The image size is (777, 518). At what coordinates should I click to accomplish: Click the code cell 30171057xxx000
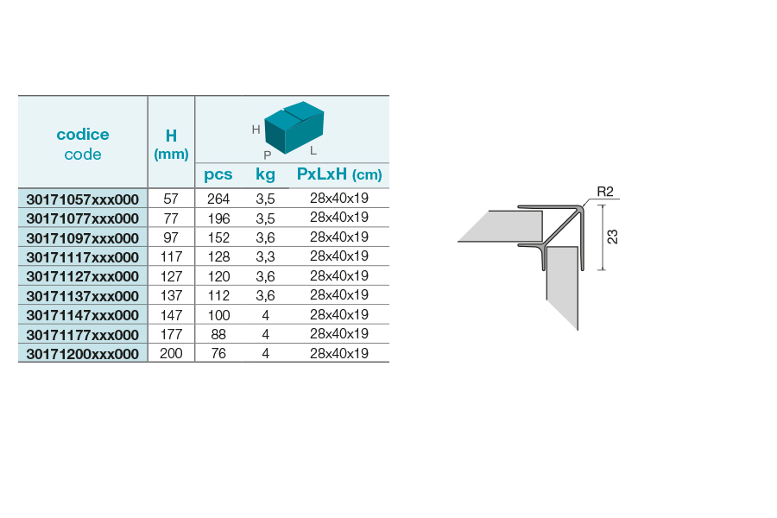[x=83, y=199]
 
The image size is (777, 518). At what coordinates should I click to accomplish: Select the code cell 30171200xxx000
[x=83, y=354]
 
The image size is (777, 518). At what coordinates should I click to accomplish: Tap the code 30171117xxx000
[x=83, y=257]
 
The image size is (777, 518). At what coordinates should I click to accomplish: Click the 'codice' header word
[x=83, y=135]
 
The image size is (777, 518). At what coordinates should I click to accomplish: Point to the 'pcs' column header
[x=218, y=175]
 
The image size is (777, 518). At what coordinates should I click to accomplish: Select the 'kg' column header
[x=266, y=174]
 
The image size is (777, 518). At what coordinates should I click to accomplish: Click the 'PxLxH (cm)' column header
[x=339, y=174]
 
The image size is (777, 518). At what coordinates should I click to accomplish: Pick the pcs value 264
[x=218, y=199]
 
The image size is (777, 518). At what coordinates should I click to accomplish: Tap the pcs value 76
[x=218, y=353]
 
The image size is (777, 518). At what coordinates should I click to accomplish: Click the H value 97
[x=171, y=237]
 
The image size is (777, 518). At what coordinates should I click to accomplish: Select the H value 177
[x=171, y=334]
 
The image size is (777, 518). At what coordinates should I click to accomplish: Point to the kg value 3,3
[x=266, y=256]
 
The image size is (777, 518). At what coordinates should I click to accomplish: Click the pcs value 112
[x=218, y=295]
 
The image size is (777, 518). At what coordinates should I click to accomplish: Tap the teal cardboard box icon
[x=294, y=128]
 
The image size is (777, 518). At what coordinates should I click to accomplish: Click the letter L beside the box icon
[x=313, y=151]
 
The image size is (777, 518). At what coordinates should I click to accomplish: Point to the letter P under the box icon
[x=268, y=155]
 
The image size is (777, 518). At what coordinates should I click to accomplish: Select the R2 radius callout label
[x=605, y=192]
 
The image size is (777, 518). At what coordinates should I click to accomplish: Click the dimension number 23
[x=612, y=237]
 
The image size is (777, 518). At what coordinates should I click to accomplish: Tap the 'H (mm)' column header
[x=171, y=144]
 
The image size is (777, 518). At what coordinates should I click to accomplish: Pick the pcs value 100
[x=218, y=315]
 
